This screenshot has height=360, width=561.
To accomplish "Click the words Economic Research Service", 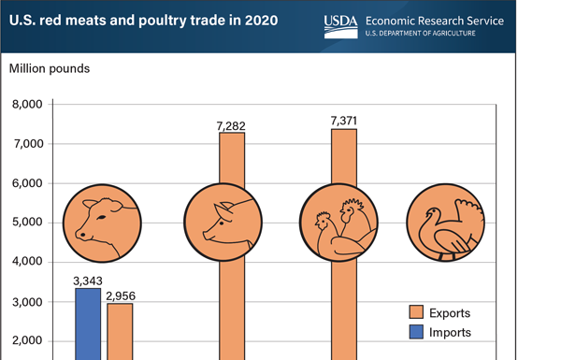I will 435,20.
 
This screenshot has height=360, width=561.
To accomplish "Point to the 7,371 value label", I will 343,120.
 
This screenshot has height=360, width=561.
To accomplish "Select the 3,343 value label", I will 87,279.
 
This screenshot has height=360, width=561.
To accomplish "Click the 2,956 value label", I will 120,294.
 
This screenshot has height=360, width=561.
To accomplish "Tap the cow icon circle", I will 103,223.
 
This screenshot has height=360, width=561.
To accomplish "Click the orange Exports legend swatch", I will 418,311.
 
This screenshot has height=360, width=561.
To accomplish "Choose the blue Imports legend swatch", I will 418,332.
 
